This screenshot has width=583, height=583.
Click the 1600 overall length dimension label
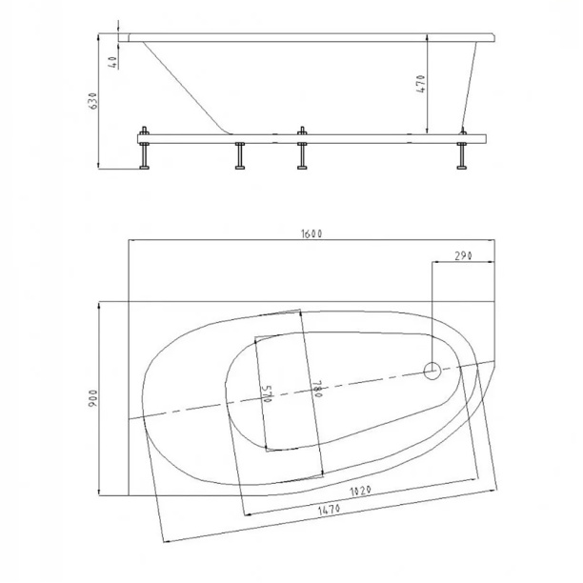[x=312, y=233]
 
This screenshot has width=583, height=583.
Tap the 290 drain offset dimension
[x=463, y=256]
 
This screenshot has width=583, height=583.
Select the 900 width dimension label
[x=93, y=398]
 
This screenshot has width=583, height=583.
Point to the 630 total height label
[x=93, y=100]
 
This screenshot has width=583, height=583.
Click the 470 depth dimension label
[x=420, y=84]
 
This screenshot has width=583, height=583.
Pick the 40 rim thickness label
[x=113, y=62]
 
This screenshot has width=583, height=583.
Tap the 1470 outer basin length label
[x=329, y=510]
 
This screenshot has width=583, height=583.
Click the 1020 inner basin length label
[x=360, y=491]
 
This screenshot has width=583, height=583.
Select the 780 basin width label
[x=316, y=389]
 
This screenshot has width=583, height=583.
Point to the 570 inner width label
[x=266, y=394]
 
